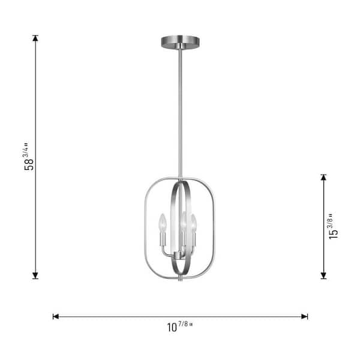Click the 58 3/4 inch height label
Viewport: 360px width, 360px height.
(29, 157)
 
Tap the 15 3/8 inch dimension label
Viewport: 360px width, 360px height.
(334, 227)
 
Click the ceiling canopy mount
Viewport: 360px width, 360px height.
(180, 42)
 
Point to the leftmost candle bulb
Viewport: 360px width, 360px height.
(163, 222)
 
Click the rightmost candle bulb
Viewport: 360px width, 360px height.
(194, 222)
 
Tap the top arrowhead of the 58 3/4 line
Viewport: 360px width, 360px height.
(35, 38)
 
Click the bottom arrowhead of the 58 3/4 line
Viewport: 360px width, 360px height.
(35, 275)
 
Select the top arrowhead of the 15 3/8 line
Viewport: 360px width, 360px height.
(323, 178)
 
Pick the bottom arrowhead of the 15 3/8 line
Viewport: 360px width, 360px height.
(323, 275)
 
